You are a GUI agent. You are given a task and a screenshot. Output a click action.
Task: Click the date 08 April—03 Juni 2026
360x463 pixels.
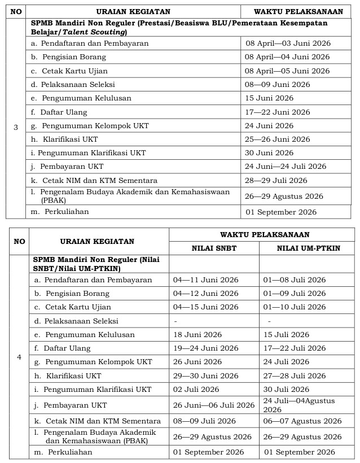287,43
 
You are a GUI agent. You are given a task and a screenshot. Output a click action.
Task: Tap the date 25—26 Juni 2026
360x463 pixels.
277,139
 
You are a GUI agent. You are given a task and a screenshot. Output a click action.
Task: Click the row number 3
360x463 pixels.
16,128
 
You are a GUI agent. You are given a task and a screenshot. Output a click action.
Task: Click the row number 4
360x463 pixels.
19,357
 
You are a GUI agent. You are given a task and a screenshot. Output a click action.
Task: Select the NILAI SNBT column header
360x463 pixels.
214,248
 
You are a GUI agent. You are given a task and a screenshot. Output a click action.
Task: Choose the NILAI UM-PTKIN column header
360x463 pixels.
308,248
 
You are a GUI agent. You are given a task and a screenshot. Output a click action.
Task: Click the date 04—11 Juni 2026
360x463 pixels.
205,280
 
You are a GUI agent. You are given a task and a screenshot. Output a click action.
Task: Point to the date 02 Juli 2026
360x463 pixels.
196,390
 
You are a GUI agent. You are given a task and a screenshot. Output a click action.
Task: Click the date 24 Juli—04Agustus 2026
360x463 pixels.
299,405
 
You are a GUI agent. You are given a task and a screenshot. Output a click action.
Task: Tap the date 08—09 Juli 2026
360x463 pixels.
204,421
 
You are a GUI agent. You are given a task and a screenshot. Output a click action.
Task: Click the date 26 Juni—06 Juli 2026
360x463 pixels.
214,405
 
